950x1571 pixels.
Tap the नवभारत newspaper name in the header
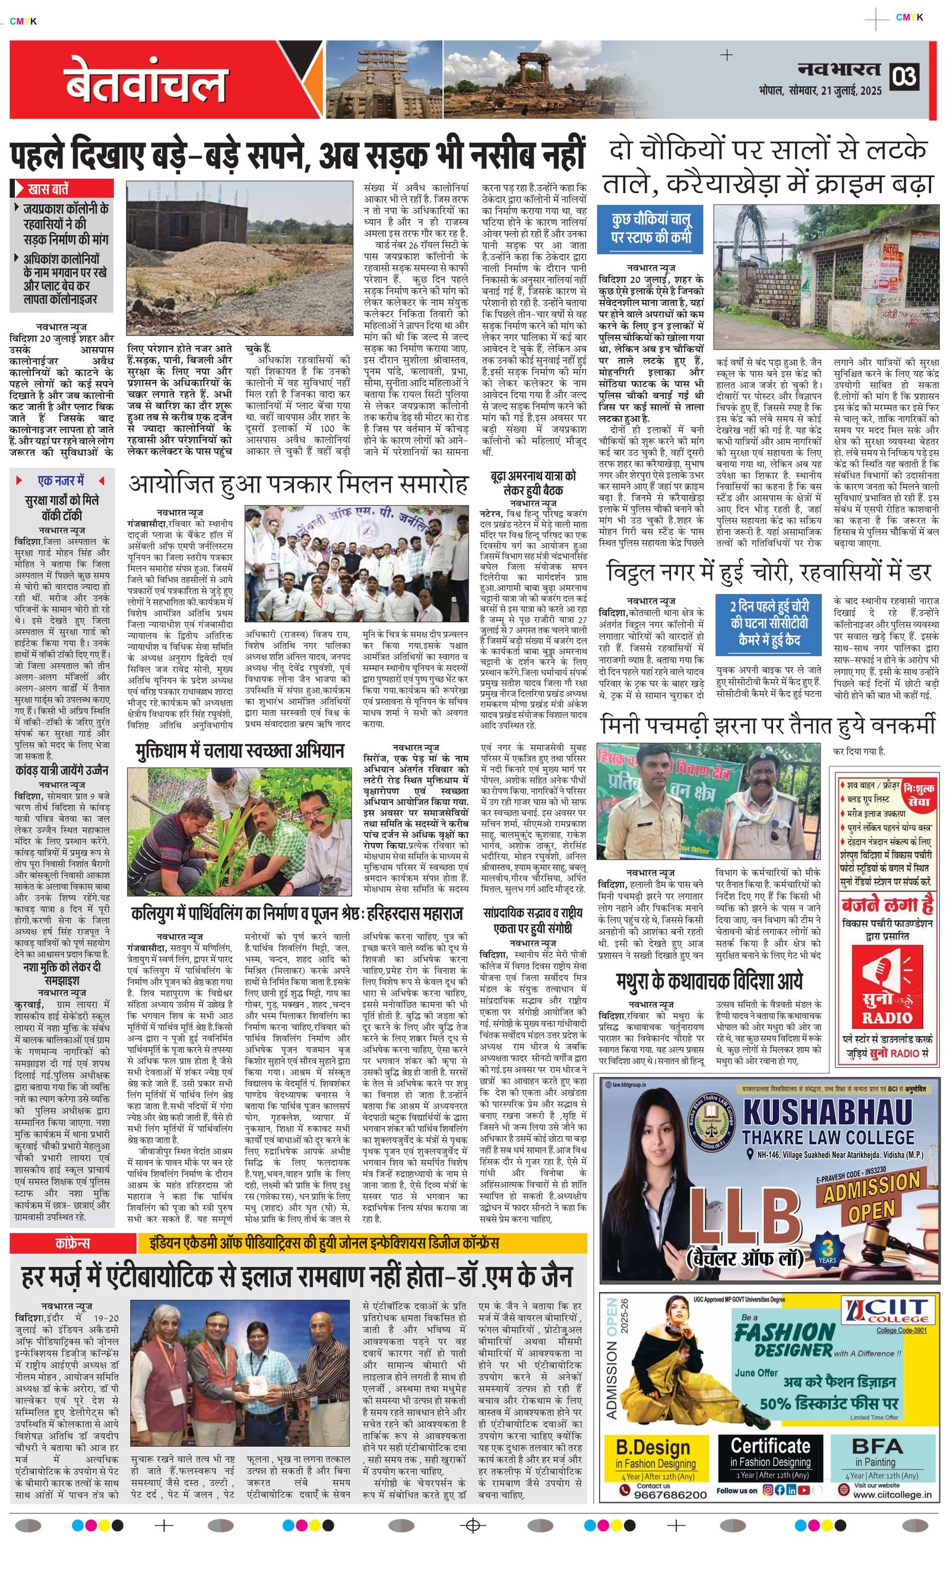pyautogui.click(x=839, y=70)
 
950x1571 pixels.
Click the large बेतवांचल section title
pyautogui.click(x=145, y=82)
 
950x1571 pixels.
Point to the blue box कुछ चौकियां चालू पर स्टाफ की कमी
pyautogui.click(x=651, y=228)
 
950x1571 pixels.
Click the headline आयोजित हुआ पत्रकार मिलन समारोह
pyautogui.click(x=298, y=485)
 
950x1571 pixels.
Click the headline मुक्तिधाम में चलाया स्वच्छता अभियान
pyautogui.click(x=239, y=751)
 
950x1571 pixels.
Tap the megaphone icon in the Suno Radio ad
pyautogui.click(x=885, y=975)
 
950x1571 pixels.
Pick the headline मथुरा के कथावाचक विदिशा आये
pyautogui.click(x=709, y=980)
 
